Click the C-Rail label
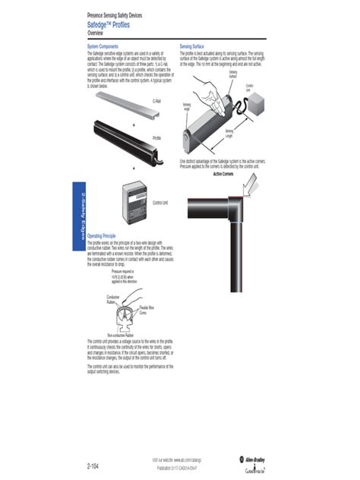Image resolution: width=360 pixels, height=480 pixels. point(157,100)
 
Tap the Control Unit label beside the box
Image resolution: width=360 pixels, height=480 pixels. point(159,203)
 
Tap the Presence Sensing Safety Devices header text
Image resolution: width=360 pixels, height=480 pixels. point(115,16)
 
